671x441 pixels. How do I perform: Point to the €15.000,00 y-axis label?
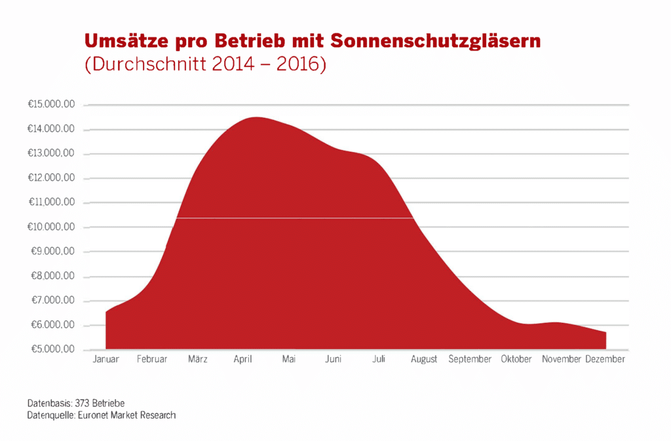[x=51, y=105]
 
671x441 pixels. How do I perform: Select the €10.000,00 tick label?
[x=51, y=227]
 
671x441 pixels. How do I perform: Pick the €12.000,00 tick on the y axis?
[x=51, y=178]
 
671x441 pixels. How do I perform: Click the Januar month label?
[x=106, y=360]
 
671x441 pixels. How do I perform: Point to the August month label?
[x=424, y=360]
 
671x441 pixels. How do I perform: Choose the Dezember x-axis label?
[x=605, y=360]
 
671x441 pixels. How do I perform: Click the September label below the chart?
[x=470, y=360]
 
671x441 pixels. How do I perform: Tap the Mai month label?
[x=289, y=360]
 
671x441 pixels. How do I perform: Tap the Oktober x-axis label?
[x=516, y=360]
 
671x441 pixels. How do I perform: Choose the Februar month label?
[x=152, y=360]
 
